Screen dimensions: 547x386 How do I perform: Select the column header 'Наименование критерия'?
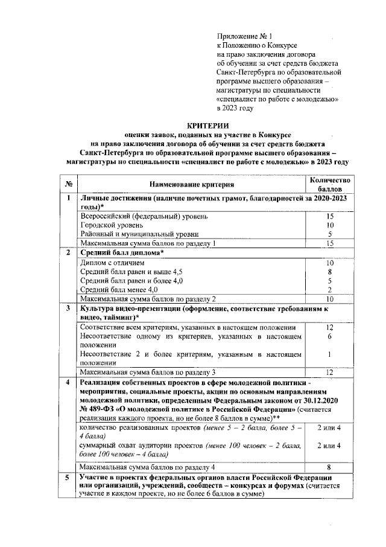click(192, 184)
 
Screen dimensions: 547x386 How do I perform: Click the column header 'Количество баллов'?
click(329, 184)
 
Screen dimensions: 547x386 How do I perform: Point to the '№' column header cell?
click(69, 184)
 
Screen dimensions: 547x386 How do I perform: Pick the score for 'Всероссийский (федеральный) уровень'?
click(329, 216)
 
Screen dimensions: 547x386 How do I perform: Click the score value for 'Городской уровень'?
click(329, 225)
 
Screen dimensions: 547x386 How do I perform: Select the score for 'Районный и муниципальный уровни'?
click(329, 234)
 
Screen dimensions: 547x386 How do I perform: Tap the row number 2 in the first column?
click(69, 252)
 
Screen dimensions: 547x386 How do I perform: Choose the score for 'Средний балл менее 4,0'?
click(329, 290)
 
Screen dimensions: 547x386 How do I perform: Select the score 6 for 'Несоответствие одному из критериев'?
click(329, 336)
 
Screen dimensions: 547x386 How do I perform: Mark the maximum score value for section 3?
click(329, 372)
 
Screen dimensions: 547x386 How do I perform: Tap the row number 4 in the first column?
click(69, 383)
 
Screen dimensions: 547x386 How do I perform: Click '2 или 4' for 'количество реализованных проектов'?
click(329, 427)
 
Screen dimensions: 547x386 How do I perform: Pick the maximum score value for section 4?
click(329, 467)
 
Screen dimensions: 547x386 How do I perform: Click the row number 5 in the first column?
click(69, 478)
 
